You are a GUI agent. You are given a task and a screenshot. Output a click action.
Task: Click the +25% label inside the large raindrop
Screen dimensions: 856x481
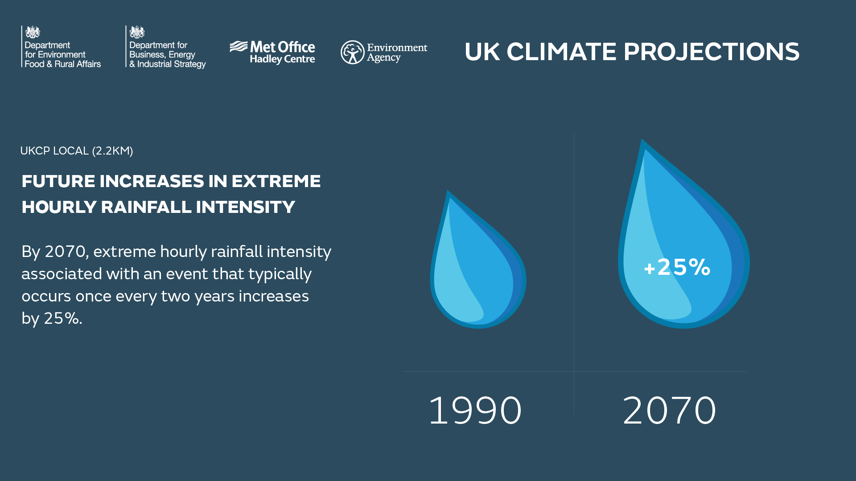coord(677,267)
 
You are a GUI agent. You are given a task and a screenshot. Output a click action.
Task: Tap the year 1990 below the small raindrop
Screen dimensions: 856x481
coord(475,410)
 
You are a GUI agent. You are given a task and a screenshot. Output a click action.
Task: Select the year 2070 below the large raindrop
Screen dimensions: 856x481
coord(669,410)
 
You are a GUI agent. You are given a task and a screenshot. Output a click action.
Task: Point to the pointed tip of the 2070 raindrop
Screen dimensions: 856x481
coord(642,139)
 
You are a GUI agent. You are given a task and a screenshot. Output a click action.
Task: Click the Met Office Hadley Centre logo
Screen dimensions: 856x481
coord(272,53)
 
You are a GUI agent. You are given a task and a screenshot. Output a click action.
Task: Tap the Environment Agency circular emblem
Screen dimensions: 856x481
coord(353,52)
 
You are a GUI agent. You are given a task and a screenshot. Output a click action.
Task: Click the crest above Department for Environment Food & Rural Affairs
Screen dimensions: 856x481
coord(33,32)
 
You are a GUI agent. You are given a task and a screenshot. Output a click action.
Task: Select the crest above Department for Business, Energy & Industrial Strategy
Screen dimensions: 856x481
coord(137,32)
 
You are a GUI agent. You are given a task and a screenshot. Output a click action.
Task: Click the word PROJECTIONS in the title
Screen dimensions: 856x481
coord(712,52)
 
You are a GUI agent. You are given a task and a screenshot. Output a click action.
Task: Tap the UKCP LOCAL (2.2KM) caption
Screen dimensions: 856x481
coord(77,151)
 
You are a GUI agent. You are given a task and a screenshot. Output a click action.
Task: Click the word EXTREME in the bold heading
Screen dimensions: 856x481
coord(276,181)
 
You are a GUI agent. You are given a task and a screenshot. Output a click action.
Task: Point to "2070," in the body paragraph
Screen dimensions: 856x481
coord(67,252)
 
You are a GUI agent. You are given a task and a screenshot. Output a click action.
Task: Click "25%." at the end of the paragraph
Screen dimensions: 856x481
coord(63,318)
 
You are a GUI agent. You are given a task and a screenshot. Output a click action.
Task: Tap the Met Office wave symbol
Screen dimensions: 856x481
coord(239,46)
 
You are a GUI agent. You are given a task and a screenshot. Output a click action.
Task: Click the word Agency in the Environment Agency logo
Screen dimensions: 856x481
coord(383,58)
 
